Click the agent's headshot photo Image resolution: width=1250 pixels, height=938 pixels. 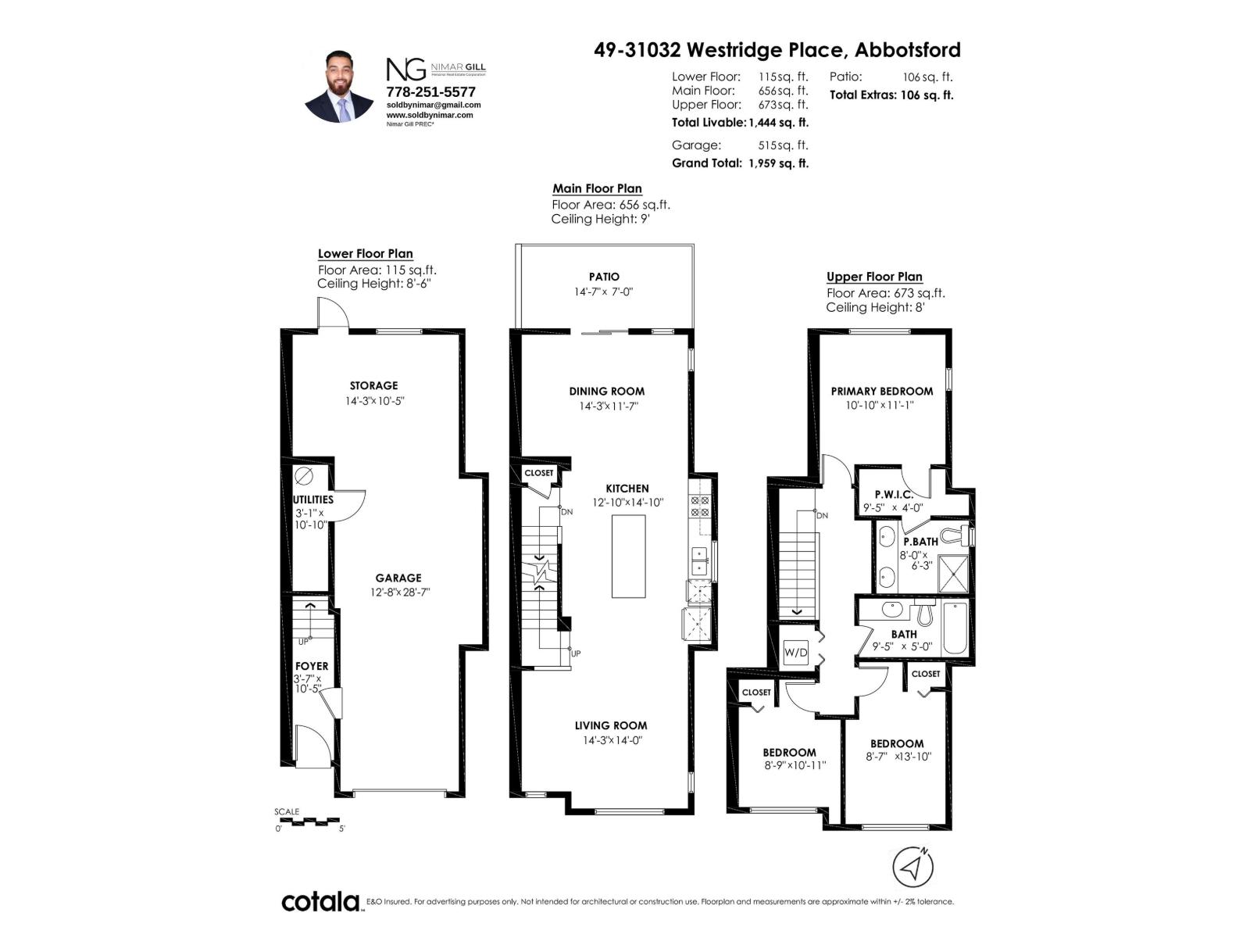point(339,87)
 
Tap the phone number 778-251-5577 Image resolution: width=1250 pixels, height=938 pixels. point(430,91)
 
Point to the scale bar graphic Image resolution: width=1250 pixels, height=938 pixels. point(309,822)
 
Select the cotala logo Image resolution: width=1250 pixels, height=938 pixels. point(320,901)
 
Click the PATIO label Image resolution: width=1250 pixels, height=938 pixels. point(604,277)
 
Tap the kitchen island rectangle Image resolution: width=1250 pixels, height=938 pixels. point(628,556)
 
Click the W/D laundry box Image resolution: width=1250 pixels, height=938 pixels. point(795,653)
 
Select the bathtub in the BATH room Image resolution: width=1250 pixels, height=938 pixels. point(955,628)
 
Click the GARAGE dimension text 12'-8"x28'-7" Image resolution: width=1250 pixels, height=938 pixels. point(400,593)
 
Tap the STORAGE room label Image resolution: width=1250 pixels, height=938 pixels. point(373,385)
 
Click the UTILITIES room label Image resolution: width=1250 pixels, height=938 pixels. point(313,499)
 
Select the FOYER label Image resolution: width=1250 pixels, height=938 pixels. point(312,666)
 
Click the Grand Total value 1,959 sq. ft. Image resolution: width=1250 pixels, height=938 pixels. point(778,163)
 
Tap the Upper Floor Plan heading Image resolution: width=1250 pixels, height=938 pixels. point(874,277)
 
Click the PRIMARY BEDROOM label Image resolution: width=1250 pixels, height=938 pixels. point(881,391)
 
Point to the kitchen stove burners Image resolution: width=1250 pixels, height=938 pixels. point(700,507)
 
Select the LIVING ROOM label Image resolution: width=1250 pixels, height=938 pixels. point(611,725)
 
